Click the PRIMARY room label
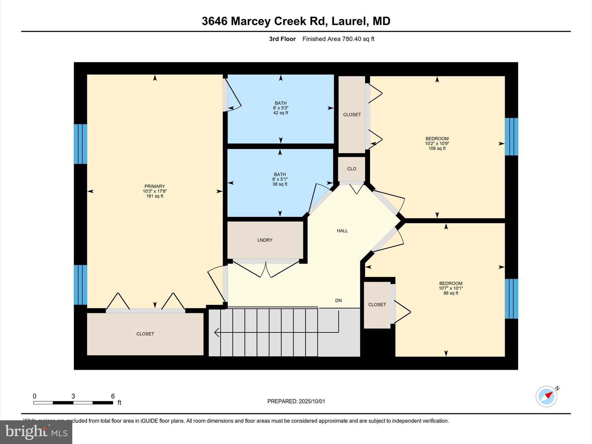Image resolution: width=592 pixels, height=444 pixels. pyautogui.click(x=155, y=186)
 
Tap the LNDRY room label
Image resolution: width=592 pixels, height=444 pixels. pyautogui.click(x=265, y=240)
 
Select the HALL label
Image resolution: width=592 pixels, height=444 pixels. pyautogui.click(x=342, y=231)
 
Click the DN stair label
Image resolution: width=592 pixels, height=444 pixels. pyautogui.click(x=338, y=301)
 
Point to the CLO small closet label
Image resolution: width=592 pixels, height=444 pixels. pyautogui.click(x=351, y=169)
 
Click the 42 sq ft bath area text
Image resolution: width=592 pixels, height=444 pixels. pyautogui.click(x=280, y=113)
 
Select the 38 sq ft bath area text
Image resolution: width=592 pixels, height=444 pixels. pyautogui.click(x=280, y=184)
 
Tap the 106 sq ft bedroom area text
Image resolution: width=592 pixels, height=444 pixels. pyautogui.click(x=437, y=149)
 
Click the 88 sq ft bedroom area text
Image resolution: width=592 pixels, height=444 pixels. pyautogui.click(x=451, y=293)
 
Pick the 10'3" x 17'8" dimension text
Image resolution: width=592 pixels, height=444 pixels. pyautogui.click(x=155, y=191)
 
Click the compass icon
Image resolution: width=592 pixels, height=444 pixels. pyautogui.click(x=546, y=396)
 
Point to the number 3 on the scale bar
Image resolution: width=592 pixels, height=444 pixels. pyautogui.click(x=73, y=396)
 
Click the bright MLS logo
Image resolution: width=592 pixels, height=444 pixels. pyautogui.click(x=36, y=432)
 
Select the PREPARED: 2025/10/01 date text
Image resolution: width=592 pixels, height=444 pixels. pyautogui.click(x=296, y=401)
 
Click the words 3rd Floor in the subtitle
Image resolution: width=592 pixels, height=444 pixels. pyautogui.click(x=282, y=39)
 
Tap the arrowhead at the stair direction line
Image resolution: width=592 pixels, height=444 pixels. pyautogui.click(x=216, y=332)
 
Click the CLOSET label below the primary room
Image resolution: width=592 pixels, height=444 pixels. pyautogui.click(x=145, y=334)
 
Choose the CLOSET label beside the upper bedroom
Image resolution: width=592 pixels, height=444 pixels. pyautogui.click(x=352, y=115)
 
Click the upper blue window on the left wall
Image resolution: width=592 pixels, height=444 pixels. pyautogui.click(x=80, y=144)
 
